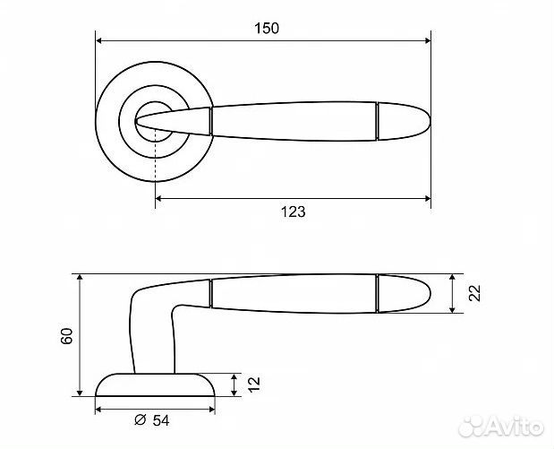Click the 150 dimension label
[267, 29]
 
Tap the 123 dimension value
[293, 212]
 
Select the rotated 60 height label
[66, 336]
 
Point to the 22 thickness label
[474, 292]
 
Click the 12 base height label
[253, 384]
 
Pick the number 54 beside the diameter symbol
[161, 420]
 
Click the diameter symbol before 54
[141, 419]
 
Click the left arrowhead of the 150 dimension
[99, 40]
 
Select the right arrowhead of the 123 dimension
[427, 198]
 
